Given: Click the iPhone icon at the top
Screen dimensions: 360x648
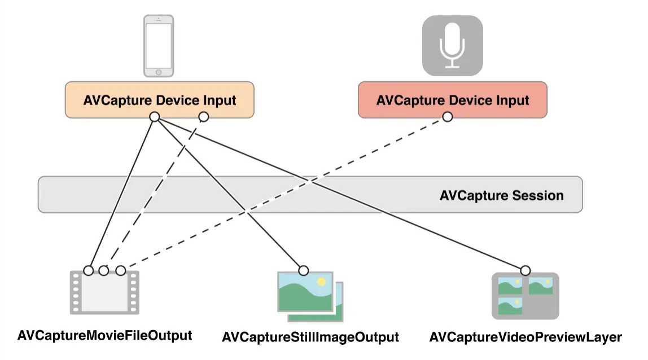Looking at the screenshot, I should click(158, 46).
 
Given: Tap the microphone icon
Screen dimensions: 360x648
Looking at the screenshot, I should click(452, 46).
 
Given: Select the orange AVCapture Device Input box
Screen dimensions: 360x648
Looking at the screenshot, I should click(159, 100).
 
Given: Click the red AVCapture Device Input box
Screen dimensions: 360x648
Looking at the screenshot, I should click(452, 100).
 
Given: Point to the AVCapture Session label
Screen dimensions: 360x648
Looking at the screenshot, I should click(501, 196).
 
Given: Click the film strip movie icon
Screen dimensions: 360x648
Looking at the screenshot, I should click(104, 292).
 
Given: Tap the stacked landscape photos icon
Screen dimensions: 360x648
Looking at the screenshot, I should click(310, 296).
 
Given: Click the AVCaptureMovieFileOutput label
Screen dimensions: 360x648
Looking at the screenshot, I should click(105, 335).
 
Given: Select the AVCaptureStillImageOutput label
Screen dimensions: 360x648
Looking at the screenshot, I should click(310, 337).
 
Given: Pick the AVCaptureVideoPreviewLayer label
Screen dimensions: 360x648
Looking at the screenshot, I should click(526, 337).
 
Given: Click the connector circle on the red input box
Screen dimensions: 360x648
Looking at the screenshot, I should click(447, 117).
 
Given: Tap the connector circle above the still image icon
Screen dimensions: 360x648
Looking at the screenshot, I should click(304, 270).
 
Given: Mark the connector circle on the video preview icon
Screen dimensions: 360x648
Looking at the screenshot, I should click(526, 270).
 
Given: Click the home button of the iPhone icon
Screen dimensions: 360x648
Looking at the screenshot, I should click(158, 72).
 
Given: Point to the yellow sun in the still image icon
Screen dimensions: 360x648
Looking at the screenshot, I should click(321, 281).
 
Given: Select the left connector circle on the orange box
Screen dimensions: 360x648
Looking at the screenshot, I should click(154, 117).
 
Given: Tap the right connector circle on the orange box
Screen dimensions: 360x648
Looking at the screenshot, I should click(204, 117).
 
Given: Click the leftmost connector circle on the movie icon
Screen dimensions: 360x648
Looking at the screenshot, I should click(88, 270).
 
